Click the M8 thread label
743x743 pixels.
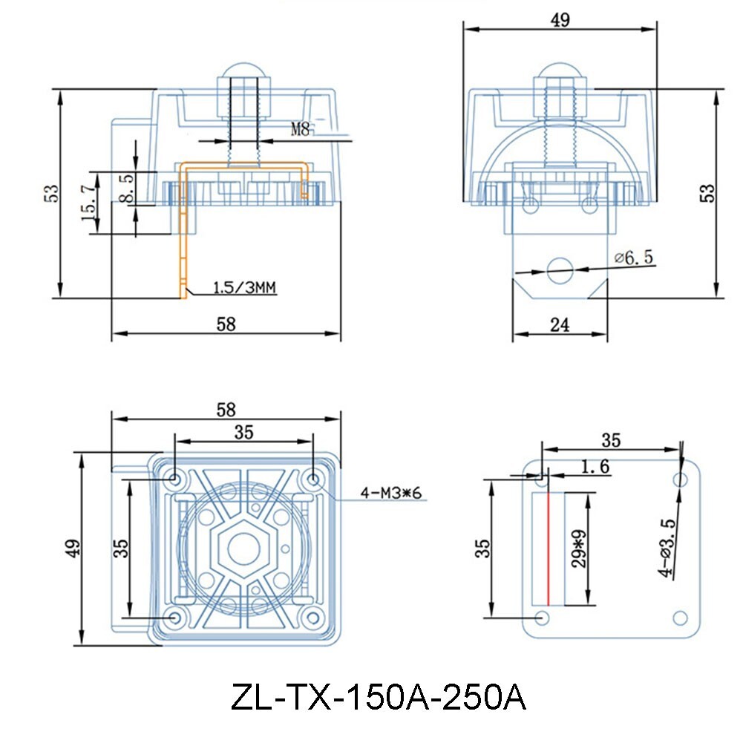(x=300, y=129)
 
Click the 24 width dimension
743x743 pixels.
(x=560, y=324)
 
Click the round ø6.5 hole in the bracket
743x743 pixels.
(x=560, y=269)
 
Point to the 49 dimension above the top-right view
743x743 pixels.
(x=560, y=20)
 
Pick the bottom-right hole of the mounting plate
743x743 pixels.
(x=678, y=617)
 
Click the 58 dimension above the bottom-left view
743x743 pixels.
(x=226, y=409)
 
